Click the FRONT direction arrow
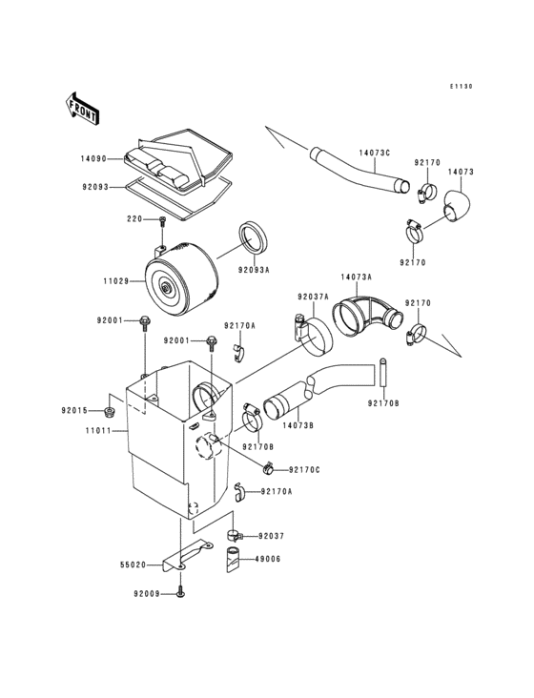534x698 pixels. pyautogui.click(x=83, y=108)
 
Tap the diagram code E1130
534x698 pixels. pyautogui.click(x=462, y=86)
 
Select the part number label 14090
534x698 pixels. pyautogui.click(x=94, y=158)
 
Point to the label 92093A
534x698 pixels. pyautogui.click(x=255, y=270)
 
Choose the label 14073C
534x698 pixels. pyautogui.click(x=375, y=152)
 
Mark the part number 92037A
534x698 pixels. pyautogui.click(x=312, y=297)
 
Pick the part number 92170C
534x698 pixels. pyautogui.click(x=304, y=469)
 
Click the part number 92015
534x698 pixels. pyautogui.click(x=101, y=411)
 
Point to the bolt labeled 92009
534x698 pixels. pyautogui.click(x=179, y=593)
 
